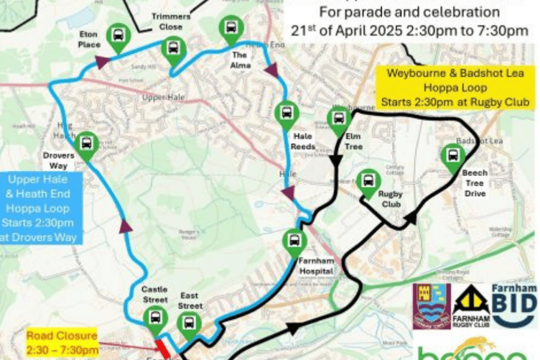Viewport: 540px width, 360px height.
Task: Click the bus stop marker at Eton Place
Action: (x=118, y=36)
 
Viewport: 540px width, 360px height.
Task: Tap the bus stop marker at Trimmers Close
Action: (x=173, y=50)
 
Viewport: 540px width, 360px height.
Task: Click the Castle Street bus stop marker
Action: (x=154, y=318)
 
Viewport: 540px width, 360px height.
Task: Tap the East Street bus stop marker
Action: (x=190, y=324)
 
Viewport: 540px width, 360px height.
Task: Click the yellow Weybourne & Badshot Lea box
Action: (x=455, y=88)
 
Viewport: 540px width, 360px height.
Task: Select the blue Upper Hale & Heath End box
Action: (x=41, y=207)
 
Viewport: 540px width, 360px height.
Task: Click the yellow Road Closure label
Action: (x=63, y=343)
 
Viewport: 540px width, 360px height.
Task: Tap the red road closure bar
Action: (x=163, y=349)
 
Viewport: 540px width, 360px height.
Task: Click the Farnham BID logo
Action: (x=514, y=306)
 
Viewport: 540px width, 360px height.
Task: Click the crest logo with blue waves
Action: (x=432, y=305)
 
